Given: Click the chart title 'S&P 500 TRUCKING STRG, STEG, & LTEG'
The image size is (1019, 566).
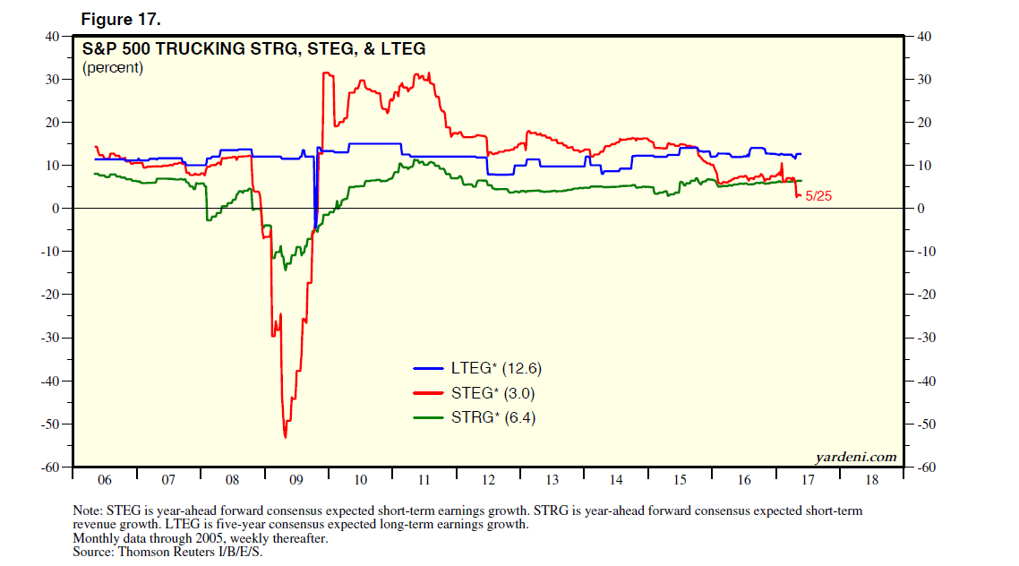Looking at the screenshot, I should (253, 49).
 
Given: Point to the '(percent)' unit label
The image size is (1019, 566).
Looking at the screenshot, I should (113, 68).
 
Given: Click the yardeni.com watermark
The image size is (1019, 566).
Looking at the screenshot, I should (856, 457).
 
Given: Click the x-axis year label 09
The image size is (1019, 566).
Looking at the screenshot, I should (296, 480).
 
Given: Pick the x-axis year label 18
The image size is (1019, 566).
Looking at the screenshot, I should (870, 480).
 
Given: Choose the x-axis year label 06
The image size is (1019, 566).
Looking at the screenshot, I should (104, 480).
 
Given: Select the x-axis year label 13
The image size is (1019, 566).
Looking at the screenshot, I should (552, 480).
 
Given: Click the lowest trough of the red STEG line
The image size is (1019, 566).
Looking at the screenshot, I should (285, 437).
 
